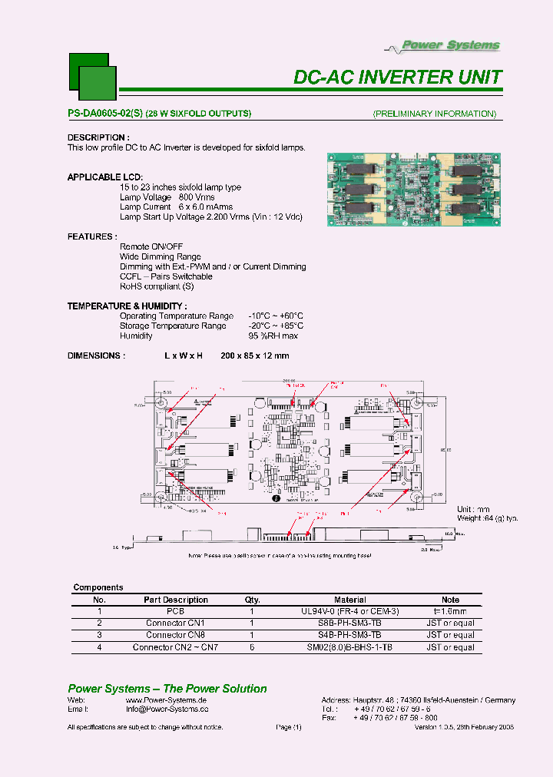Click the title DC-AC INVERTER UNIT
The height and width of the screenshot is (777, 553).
[x=398, y=78]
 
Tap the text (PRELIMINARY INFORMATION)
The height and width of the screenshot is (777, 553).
[x=434, y=114]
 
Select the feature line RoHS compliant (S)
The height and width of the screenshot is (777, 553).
[x=157, y=286]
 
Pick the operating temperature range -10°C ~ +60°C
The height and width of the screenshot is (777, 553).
[x=276, y=316]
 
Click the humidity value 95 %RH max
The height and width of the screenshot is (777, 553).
[x=273, y=336]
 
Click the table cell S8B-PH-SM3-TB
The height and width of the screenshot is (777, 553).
[x=349, y=623]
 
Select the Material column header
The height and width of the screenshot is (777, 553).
[x=349, y=600]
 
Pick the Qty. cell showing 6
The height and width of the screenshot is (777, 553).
[x=252, y=647]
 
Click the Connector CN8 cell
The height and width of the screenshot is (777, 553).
[x=175, y=635]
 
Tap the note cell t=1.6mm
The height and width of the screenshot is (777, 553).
[x=450, y=611]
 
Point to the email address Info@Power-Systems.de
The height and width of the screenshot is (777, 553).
[x=167, y=709]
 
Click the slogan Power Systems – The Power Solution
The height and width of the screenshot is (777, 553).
[x=167, y=689]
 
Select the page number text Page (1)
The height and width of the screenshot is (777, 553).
[x=288, y=726]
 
